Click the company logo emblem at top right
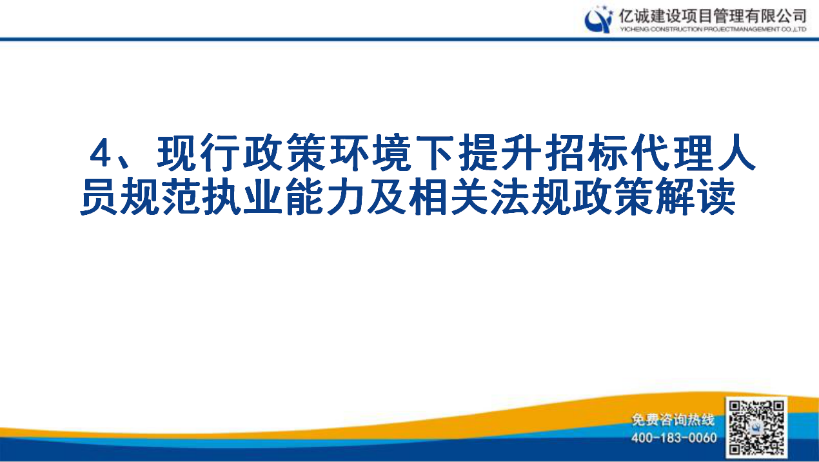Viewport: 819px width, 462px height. (x=598, y=19)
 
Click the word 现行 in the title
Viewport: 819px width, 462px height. (x=197, y=154)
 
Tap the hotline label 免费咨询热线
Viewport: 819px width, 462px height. (x=673, y=421)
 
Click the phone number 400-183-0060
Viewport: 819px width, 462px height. (x=674, y=438)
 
